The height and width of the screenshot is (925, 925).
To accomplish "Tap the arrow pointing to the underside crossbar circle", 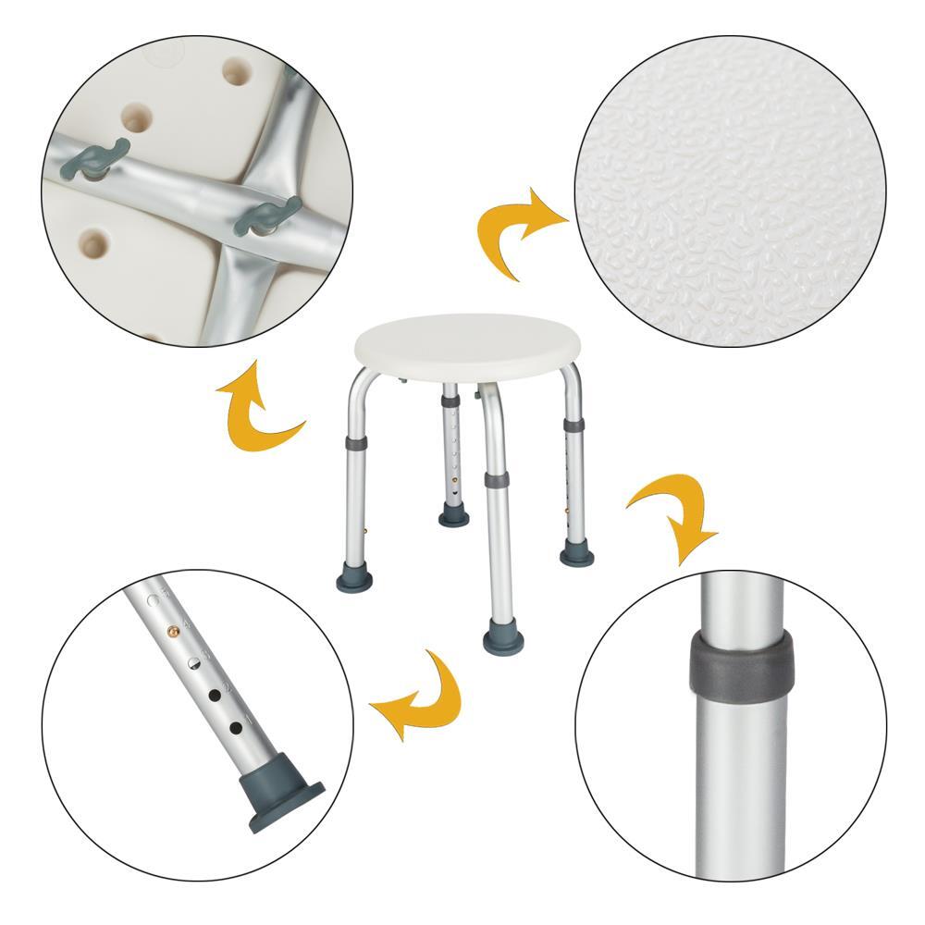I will coord(257,407).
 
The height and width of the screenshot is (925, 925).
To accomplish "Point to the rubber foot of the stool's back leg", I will coord(453,514).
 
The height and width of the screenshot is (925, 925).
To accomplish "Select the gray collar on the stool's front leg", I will coord(496,481).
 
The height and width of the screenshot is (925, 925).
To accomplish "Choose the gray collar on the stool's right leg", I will coord(574,425).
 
